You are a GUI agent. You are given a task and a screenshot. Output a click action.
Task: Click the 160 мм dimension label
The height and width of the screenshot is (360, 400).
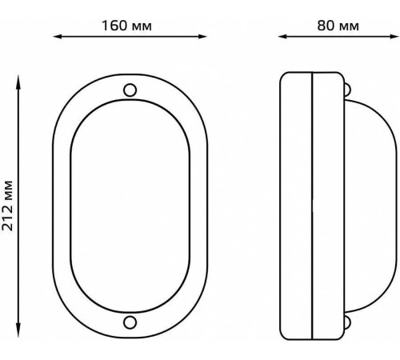point(126,26)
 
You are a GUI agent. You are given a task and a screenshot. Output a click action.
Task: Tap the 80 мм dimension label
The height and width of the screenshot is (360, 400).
point(338,26)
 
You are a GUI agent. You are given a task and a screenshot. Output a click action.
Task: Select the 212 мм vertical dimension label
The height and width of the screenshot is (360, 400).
point(7,206)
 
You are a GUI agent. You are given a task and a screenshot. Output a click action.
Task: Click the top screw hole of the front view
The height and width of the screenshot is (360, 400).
point(130,90)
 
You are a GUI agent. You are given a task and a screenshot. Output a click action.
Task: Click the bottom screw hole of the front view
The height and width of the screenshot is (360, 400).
point(130,322)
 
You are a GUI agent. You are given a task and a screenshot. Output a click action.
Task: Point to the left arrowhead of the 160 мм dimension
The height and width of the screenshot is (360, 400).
point(58,37)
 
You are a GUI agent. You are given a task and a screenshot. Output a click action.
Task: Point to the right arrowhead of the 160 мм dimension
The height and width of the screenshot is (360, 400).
point(202,37)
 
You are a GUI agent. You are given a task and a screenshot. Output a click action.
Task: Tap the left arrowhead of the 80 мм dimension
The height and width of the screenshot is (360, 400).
point(282,37)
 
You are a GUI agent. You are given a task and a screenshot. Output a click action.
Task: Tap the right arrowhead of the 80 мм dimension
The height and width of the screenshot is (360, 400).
point(394,37)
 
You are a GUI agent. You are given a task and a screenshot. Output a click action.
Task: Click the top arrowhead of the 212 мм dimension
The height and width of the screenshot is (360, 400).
point(18,80)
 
